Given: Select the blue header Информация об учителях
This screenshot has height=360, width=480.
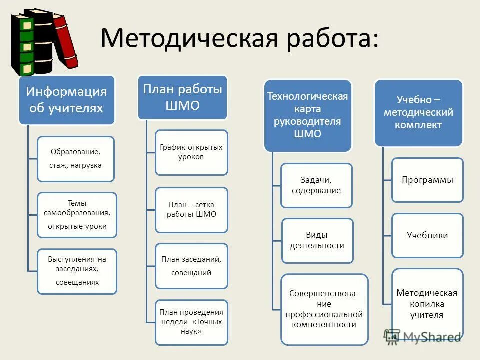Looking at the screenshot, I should click(67, 100).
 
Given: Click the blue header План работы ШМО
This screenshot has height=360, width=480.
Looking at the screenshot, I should click(182, 97).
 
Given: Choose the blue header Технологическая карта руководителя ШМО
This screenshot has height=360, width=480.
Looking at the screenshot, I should click(308, 115).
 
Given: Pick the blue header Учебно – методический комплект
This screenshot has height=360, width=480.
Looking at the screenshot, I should click(419, 113).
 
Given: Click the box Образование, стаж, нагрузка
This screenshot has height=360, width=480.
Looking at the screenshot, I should click(76, 158).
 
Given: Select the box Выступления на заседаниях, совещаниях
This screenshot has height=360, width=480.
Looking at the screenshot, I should click(77, 271).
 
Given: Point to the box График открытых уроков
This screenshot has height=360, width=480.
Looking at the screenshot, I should click(191, 152).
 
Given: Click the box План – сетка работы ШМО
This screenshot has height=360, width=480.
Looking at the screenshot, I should click(191, 209).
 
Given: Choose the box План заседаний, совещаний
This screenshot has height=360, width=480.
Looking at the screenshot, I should click(191, 266).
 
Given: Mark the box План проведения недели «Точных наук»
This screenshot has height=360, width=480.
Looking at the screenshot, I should click(191, 322).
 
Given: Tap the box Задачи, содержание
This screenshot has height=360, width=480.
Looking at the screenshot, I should click(316, 185).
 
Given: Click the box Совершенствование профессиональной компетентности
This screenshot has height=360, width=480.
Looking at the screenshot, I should click(324, 309).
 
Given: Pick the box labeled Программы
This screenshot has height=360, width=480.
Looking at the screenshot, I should click(427, 180).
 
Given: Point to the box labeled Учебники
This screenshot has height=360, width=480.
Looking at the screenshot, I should click(427, 235).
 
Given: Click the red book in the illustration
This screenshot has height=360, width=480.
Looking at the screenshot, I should click(66, 42).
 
